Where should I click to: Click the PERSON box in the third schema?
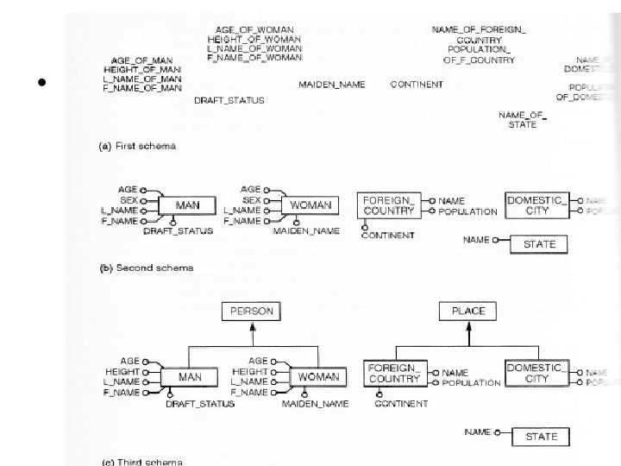[x=249, y=311]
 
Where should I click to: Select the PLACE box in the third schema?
[x=467, y=311]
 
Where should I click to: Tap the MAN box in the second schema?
[x=187, y=205]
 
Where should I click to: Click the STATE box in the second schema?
[x=540, y=244]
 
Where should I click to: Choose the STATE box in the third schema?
[x=541, y=437]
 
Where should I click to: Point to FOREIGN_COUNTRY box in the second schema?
[x=388, y=205]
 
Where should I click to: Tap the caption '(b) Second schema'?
[x=144, y=268]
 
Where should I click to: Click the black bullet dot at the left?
[x=40, y=84]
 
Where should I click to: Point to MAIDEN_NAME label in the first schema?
[x=332, y=85]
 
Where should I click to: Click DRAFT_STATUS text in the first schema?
[x=229, y=100]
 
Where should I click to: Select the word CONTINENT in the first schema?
[x=417, y=85]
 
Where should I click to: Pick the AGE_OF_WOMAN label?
[x=254, y=29]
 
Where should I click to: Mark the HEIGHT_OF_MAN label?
[x=142, y=69]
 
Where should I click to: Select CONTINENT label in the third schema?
[x=401, y=403]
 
